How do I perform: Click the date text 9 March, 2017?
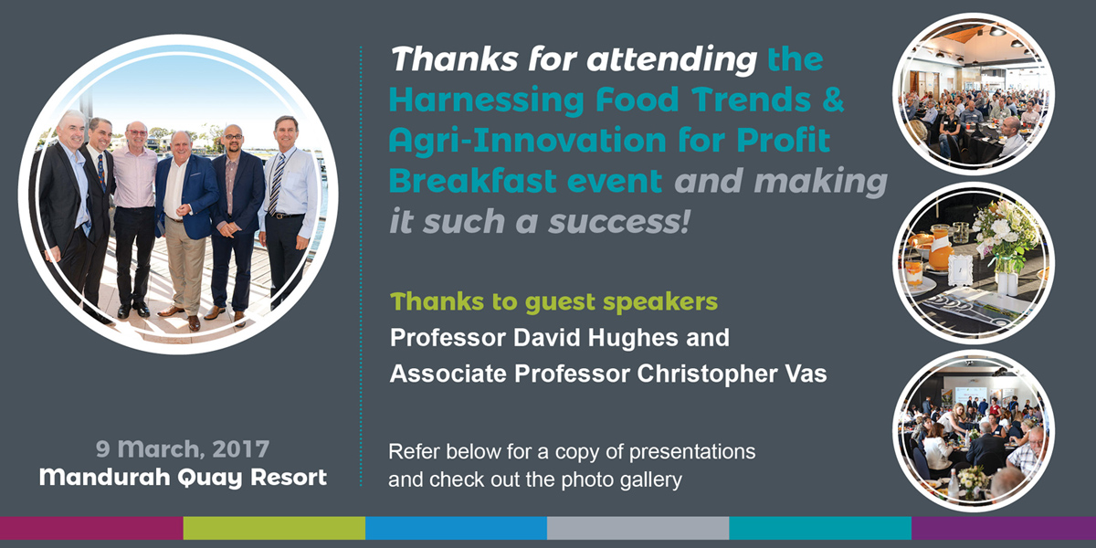pyautogui.click(x=183, y=449)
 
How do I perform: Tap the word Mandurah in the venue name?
pyautogui.click(x=105, y=477)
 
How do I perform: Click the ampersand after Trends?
pyautogui.click(x=833, y=100)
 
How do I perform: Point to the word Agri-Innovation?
pyautogui.click(x=528, y=141)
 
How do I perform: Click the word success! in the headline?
pyautogui.click(x=619, y=222)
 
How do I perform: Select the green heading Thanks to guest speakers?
pyautogui.click(x=553, y=302)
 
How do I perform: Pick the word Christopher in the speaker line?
pyautogui.click(x=707, y=374)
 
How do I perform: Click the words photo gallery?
pyautogui.click(x=621, y=480)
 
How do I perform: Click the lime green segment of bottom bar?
pyautogui.click(x=274, y=528)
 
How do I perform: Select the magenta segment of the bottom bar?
pyautogui.click(x=91, y=528)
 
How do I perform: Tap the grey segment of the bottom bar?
pyautogui.click(x=638, y=528)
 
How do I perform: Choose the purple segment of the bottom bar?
pyautogui.click(x=1004, y=528)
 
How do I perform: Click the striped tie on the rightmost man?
pyautogui.click(x=277, y=184)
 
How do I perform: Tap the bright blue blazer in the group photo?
pyautogui.click(x=188, y=195)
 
